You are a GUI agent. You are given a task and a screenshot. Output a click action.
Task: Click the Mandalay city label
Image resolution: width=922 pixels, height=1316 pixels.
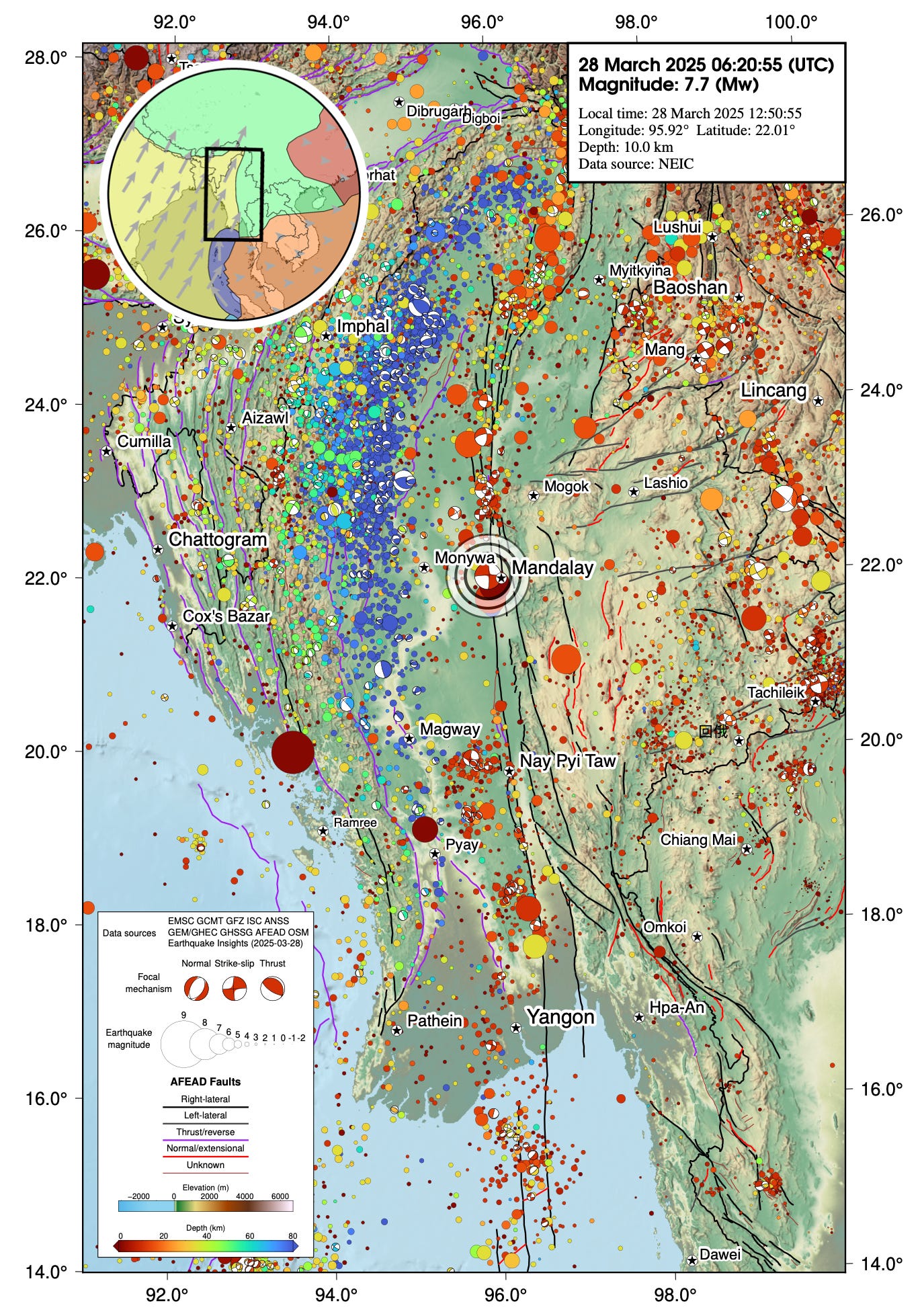552,568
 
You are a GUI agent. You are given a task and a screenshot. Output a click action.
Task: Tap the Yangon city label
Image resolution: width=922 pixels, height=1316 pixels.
560,1017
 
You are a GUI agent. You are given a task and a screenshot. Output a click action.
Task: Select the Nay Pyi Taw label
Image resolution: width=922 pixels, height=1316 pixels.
568,761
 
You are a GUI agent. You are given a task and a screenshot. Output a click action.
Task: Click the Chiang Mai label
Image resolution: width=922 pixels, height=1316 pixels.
698,839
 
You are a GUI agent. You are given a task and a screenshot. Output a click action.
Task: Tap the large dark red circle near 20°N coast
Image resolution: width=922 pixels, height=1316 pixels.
293,752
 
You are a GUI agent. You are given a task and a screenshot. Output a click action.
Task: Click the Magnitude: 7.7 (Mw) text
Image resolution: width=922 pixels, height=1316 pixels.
668,85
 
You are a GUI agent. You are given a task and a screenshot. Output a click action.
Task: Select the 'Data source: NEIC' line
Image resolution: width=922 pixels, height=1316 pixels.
636,164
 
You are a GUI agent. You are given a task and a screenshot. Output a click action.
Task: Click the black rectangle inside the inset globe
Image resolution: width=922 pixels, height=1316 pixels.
233,194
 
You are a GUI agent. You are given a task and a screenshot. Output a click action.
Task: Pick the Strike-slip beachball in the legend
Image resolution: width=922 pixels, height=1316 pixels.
235,989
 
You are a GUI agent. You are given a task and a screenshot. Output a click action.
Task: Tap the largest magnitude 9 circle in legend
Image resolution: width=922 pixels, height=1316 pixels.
183,1044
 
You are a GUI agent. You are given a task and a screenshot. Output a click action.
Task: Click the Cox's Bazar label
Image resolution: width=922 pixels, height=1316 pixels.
226,616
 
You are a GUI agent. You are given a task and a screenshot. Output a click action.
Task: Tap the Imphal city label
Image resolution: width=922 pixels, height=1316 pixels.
363,327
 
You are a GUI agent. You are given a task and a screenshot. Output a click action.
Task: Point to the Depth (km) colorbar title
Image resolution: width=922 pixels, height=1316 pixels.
205,1228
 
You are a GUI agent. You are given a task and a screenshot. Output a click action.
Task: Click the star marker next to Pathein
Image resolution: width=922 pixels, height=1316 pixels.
396,1030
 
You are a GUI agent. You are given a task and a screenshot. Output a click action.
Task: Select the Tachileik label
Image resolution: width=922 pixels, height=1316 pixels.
776,692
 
